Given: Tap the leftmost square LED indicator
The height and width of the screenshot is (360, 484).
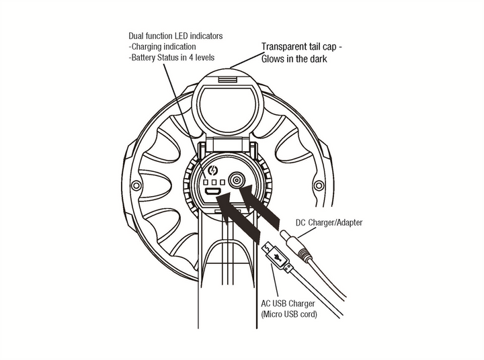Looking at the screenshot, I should tap(206, 183).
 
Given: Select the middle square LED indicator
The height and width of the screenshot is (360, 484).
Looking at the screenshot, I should tap(213, 183).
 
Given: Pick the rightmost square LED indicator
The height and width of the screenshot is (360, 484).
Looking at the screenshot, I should tap(221, 183).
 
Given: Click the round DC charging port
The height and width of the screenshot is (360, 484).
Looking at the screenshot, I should tap(237, 181).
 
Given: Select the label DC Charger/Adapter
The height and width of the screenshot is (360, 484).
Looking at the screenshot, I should tap(329, 222).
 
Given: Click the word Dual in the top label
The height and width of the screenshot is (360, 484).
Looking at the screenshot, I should tap(136, 35).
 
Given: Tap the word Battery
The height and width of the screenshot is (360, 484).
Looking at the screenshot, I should tap(144, 58).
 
